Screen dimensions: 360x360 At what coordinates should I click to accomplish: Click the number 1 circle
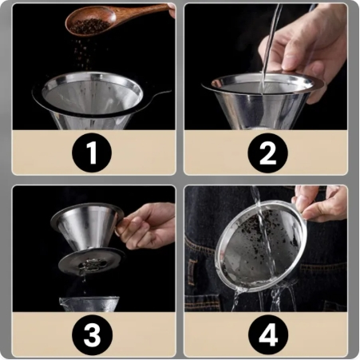[92, 152]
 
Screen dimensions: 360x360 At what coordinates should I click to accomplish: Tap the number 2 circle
[267, 153]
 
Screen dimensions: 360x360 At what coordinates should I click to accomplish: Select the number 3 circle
[92, 334]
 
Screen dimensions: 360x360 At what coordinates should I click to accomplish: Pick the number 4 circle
[268, 334]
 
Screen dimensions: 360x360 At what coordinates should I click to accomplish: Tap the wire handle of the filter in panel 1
[160, 94]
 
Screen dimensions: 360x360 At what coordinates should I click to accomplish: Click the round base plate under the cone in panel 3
[91, 262]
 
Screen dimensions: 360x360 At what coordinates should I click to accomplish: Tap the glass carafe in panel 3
[89, 304]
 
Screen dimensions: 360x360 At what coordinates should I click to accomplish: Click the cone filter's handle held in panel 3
[118, 226]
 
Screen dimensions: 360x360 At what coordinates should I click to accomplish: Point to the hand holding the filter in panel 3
[146, 225]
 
